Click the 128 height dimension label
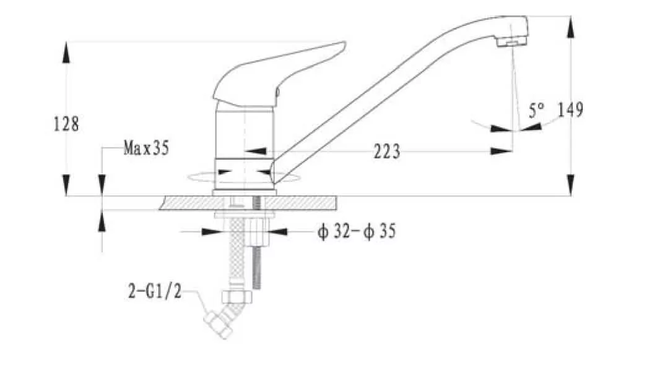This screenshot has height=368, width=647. click(66, 124)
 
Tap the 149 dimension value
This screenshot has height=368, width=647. click(570, 109)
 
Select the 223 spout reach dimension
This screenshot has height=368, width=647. click(386, 152)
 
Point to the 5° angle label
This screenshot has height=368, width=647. click(536, 111)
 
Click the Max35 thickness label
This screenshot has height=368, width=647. click(147, 148)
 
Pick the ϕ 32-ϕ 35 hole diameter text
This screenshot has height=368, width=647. click(357, 231)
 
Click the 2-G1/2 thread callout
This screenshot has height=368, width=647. click(155, 291)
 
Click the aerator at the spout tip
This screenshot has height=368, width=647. click(512, 41)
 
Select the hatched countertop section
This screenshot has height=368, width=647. click(248, 203)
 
